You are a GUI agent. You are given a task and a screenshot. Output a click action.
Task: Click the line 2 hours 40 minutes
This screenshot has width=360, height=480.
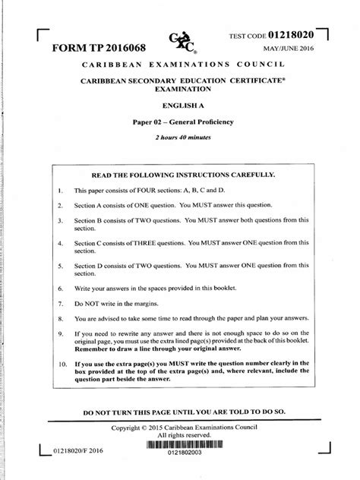click(x=181, y=137)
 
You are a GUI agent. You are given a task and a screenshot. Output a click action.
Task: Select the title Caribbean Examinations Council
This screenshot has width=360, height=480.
click(x=181, y=66)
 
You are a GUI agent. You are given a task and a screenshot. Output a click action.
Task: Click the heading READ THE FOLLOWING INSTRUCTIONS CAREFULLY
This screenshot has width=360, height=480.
click(x=181, y=174)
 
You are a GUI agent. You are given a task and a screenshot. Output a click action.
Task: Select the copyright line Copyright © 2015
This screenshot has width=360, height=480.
click(x=181, y=428)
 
